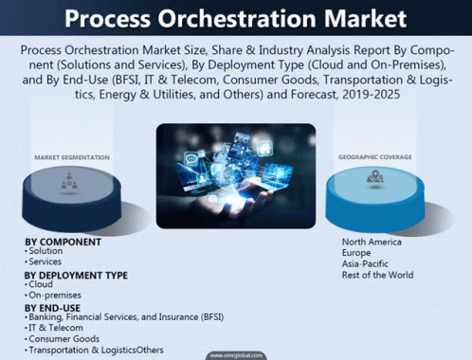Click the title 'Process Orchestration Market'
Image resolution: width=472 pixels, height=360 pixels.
coord(235,19)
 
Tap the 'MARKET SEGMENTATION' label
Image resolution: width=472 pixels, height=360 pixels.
coord(72,157)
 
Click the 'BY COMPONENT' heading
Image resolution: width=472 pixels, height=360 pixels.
coord(64,242)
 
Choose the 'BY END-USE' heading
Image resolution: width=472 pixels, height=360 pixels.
coord(53,306)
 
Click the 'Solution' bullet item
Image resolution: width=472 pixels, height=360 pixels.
coord(46,251)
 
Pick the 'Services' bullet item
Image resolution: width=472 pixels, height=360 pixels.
coord(46,261)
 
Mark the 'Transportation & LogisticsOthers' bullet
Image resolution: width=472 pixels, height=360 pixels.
coord(96,350)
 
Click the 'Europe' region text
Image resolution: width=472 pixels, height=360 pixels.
coord(356,253)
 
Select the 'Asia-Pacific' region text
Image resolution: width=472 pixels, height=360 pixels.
coord(366,264)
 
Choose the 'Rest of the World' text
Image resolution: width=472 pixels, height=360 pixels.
coord(378,276)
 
